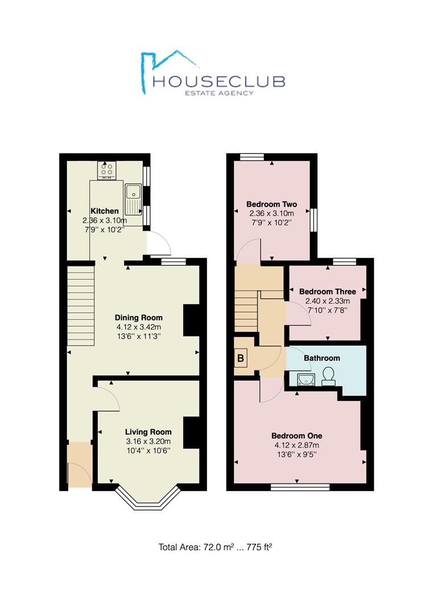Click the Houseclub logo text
[x=218, y=81]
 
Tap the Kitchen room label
[x=105, y=211]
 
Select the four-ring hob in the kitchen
[x=106, y=170]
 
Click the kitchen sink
[x=133, y=200]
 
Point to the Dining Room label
[x=138, y=318]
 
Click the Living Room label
[x=148, y=432]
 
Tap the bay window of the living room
[x=148, y=497]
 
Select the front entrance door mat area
[x=80, y=465]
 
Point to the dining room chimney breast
[x=191, y=320]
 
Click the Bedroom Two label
[x=271, y=204]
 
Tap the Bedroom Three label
[x=328, y=291]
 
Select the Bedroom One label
[x=296, y=435]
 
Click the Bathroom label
[x=321, y=358]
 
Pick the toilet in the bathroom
[x=328, y=376]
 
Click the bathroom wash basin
[x=306, y=379]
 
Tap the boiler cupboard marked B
[x=241, y=358]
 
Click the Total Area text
[x=215, y=547]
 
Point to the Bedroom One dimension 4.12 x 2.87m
[x=296, y=445]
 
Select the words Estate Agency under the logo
[x=219, y=93]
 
